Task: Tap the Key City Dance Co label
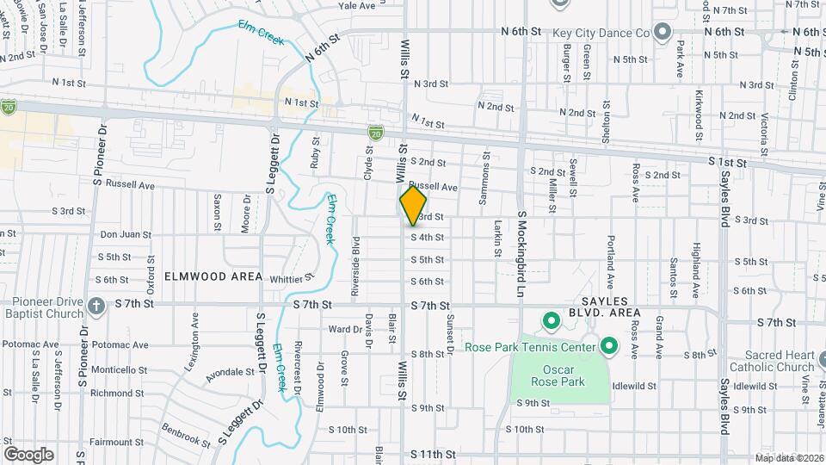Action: point(600,33)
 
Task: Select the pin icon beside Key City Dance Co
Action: point(663,33)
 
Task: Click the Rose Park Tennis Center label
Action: point(530,347)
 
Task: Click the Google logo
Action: point(28,454)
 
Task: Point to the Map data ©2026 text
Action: point(789,458)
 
